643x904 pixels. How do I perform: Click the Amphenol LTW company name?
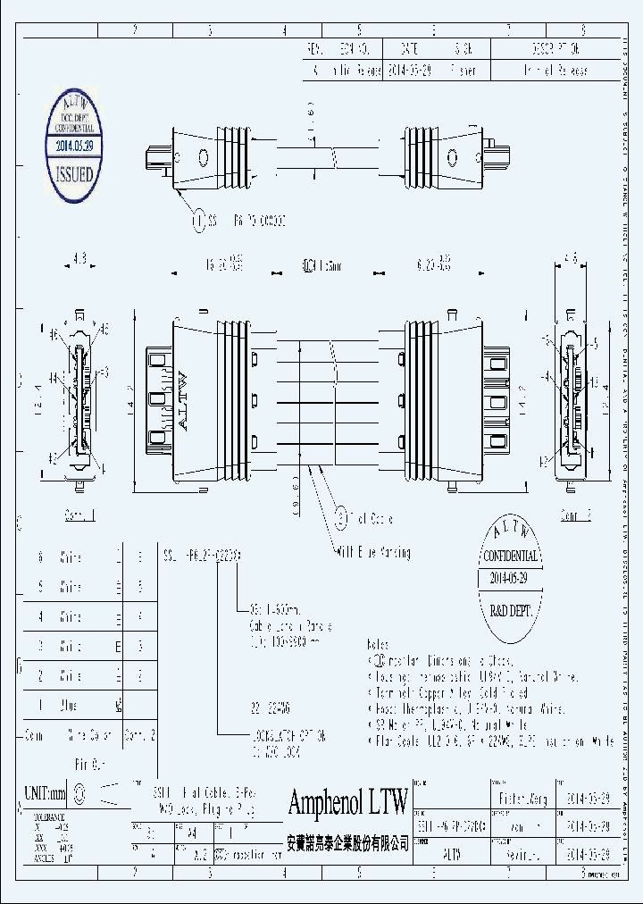point(348,802)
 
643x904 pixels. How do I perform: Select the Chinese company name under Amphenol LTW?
point(348,842)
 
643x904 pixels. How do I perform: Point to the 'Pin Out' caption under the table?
point(89,766)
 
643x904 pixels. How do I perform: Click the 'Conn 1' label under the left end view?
point(79,515)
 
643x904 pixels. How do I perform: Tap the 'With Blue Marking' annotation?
point(373,553)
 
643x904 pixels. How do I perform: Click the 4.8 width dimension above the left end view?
point(79,260)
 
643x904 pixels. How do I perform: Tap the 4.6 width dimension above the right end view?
point(570,260)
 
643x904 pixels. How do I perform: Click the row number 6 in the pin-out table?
point(40,557)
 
